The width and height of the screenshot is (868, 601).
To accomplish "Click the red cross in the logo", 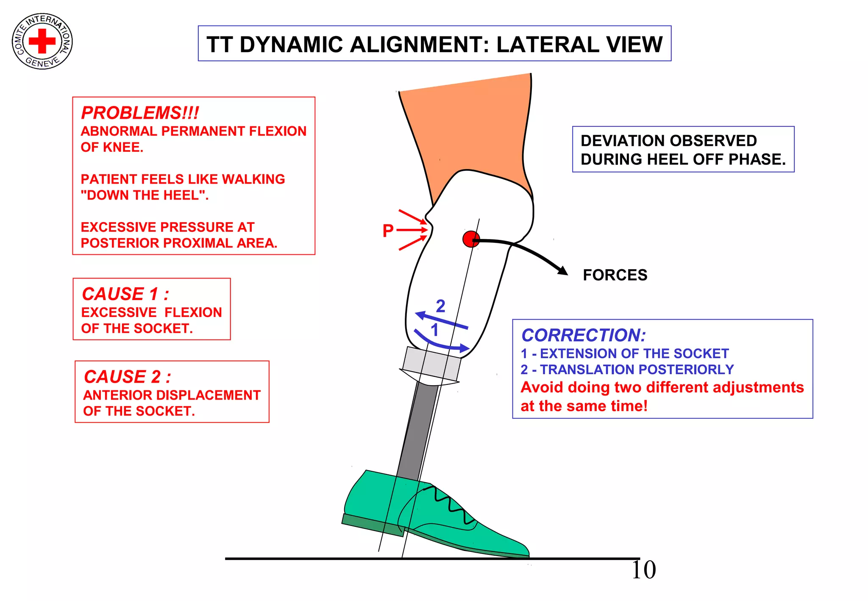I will (42, 41).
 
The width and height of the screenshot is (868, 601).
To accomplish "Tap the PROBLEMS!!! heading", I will (140, 113).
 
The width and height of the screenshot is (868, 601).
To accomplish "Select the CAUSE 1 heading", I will (125, 294).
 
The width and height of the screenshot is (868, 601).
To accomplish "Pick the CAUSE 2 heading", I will (128, 376).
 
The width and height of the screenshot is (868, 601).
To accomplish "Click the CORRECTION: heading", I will (584, 335).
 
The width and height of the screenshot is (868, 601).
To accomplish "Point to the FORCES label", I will (615, 275).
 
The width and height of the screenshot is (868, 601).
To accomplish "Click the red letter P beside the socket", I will (388, 231).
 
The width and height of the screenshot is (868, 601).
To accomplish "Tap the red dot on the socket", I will (470, 239).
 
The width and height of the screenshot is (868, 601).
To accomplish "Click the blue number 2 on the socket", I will (441, 306).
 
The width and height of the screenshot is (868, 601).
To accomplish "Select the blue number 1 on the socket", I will (434, 330).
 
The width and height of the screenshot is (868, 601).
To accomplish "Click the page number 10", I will (643, 570).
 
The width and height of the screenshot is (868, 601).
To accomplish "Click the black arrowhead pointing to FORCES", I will (563, 270).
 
